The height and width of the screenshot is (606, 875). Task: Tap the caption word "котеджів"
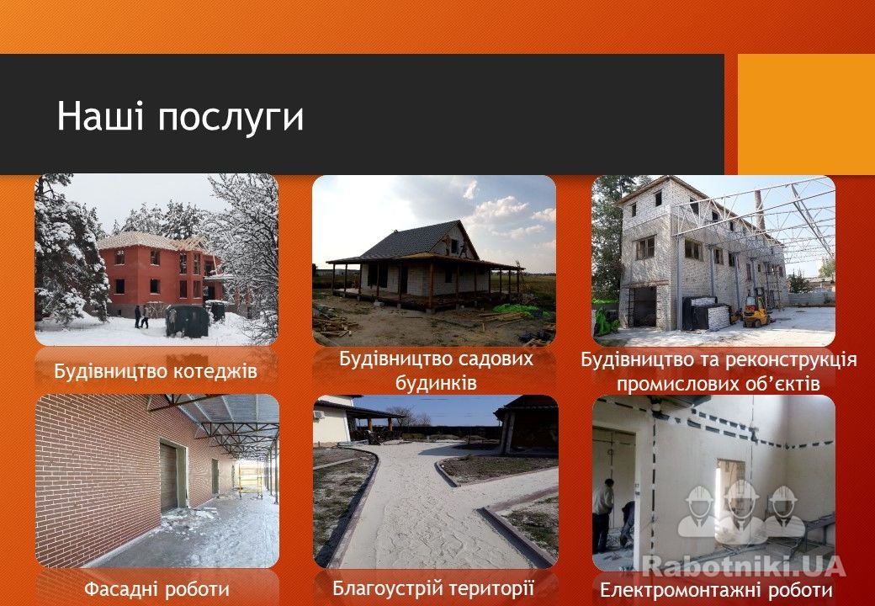point(215,371)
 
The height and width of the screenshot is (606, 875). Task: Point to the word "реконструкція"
point(777,360)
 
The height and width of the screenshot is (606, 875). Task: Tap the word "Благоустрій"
point(385,588)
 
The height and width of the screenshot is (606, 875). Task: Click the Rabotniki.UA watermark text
point(743,566)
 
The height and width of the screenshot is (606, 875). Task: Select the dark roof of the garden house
point(414,241)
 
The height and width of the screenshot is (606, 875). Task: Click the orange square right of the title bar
point(806,114)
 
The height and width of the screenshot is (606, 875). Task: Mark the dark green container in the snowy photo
point(188,321)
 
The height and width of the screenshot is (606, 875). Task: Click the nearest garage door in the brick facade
point(169,477)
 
